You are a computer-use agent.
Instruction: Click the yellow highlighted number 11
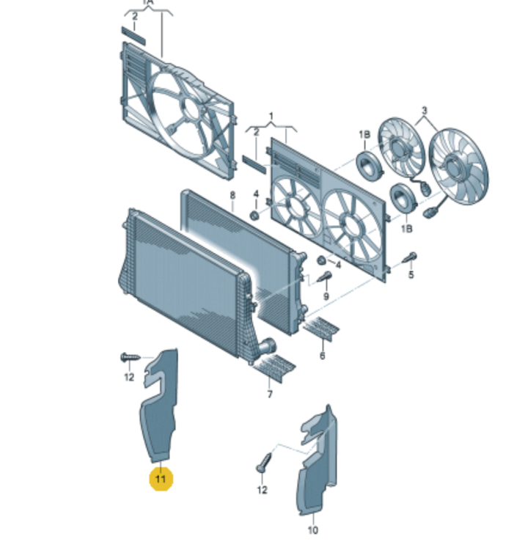coord(160,480)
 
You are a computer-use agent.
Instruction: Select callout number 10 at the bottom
coord(312,529)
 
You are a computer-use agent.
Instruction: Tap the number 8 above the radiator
coord(232,196)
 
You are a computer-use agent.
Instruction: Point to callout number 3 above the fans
coord(424,111)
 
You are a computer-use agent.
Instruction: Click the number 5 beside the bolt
coord(411,275)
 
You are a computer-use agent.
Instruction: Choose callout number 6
coord(321,356)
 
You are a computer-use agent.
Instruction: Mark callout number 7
coord(269,395)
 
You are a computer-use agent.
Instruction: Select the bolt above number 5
coord(411,257)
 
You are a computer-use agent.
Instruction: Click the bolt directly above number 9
coord(326,276)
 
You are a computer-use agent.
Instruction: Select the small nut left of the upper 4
coord(254,216)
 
